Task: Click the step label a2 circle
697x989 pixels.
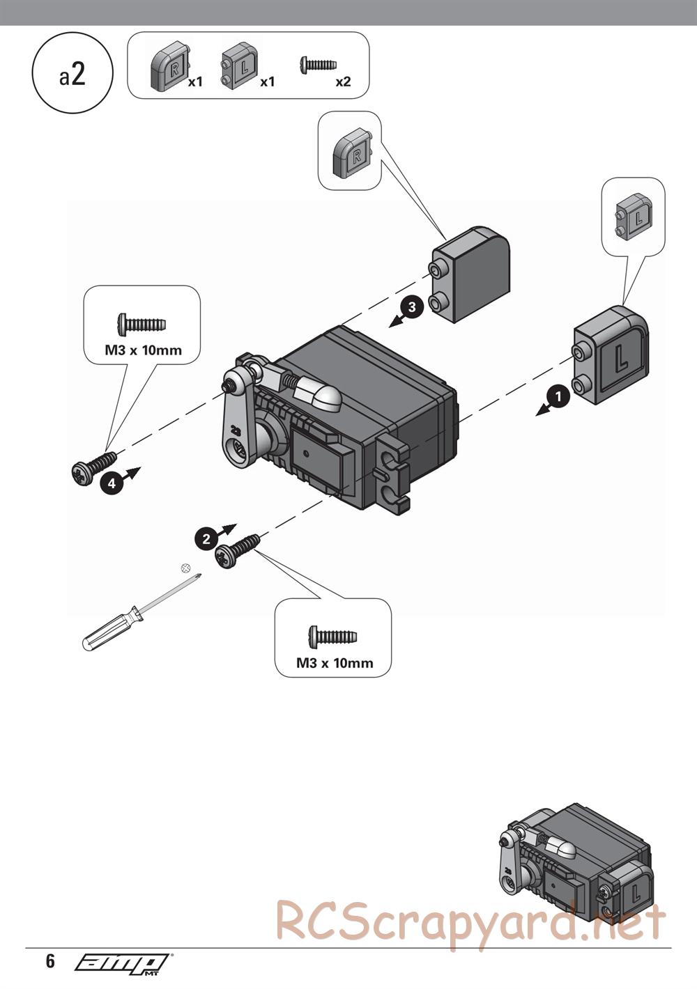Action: click(x=72, y=76)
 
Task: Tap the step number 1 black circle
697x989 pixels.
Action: click(x=558, y=397)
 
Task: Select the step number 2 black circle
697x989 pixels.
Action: click(x=205, y=538)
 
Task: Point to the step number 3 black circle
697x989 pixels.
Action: click(x=412, y=306)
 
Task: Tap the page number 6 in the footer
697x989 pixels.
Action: click(x=50, y=962)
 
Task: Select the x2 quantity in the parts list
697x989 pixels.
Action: click(x=343, y=81)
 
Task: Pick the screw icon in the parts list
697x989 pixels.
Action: click(x=319, y=64)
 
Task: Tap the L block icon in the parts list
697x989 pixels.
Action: click(x=239, y=66)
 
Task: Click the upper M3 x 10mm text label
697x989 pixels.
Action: click(x=143, y=350)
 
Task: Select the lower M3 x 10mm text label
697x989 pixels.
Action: click(x=335, y=663)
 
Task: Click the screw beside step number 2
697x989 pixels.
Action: click(x=237, y=550)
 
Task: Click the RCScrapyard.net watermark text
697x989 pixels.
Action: click(x=470, y=923)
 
